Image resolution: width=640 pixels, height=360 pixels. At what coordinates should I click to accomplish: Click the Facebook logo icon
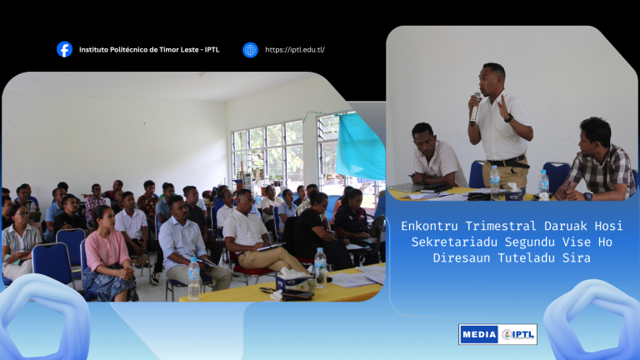point(64,49)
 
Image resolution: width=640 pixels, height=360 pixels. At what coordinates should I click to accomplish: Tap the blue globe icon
point(250,50)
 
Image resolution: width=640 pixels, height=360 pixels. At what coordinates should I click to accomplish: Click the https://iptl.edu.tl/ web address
point(295,50)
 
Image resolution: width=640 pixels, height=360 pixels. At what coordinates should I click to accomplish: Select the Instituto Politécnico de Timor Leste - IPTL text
point(149,50)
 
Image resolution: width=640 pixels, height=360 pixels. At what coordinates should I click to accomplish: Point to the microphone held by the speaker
point(475,109)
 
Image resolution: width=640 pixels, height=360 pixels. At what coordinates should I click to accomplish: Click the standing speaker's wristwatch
point(508,118)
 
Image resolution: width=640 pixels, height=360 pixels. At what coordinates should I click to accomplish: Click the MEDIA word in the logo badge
point(479,335)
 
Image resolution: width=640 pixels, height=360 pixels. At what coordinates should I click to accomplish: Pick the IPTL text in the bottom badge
point(522,334)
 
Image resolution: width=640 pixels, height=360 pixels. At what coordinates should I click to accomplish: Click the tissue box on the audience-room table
point(292,279)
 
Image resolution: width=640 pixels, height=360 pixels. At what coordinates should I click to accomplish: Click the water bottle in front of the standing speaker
point(495,182)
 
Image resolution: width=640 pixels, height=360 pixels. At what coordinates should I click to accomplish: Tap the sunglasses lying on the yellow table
point(267,291)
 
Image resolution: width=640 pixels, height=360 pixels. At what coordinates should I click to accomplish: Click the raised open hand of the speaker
point(502,106)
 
